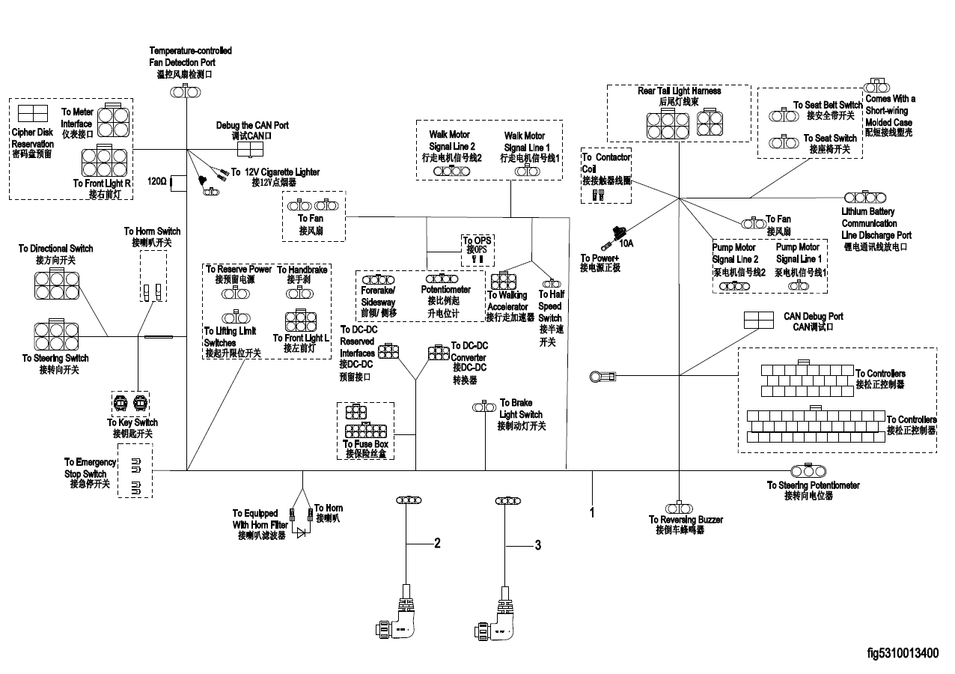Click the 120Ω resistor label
[x=156, y=181]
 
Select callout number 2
[x=436, y=544]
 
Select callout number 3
[x=537, y=546]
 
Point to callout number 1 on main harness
[x=592, y=514]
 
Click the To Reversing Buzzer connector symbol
[x=679, y=506]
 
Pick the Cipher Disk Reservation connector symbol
[x=33, y=114]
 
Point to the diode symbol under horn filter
[x=301, y=533]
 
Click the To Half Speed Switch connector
[x=552, y=284]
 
